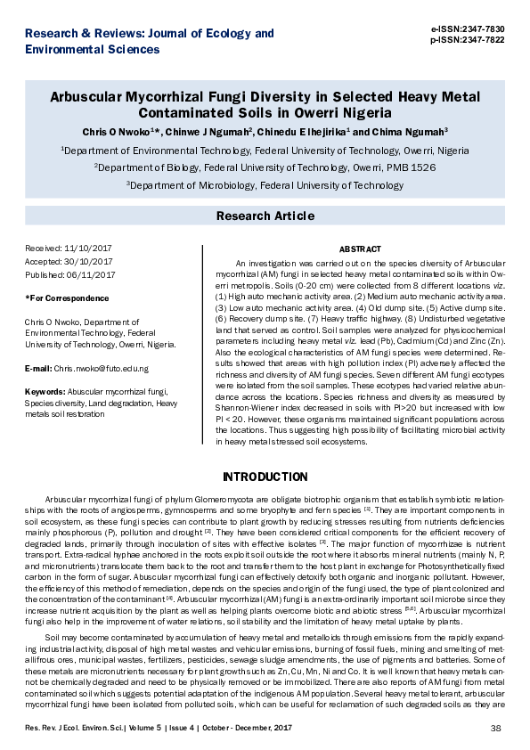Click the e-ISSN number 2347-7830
click(x=486, y=29)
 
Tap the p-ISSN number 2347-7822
click(x=486, y=40)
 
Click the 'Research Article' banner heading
click(x=265, y=216)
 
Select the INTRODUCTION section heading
click(x=265, y=477)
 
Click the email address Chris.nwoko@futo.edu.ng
click(x=102, y=368)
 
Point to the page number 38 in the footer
click(x=496, y=730)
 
